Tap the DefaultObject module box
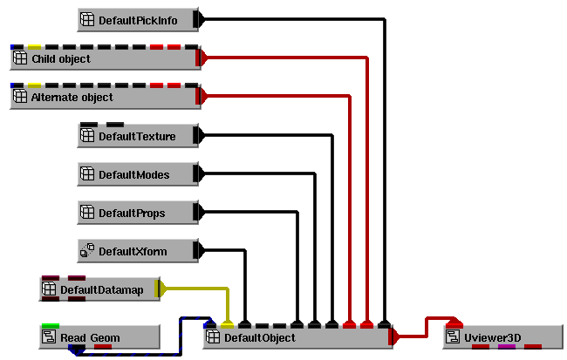tap(297, 336)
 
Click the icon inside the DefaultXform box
tap(87, 251)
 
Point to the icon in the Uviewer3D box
tap(454, 336)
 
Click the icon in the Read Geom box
tap(49, 336)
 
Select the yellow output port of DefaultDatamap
tap(160, 289)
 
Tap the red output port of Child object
tap(201, 58)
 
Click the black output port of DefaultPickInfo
tap(197, 19)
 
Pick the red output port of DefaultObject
tap(393, 336)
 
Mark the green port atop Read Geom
tap(50, 325)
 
